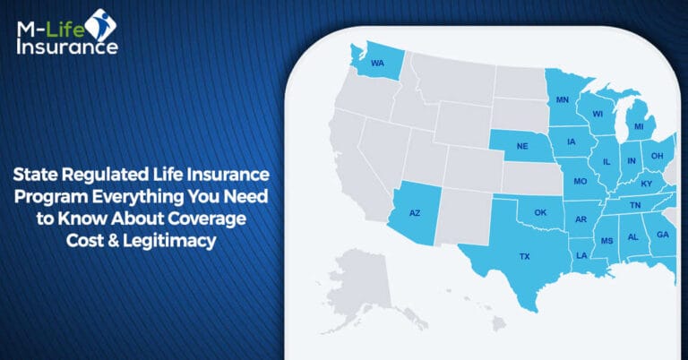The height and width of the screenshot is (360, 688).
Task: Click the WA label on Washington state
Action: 377,64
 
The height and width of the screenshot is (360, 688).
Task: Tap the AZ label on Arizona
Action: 415,212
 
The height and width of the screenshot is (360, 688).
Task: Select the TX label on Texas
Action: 525,256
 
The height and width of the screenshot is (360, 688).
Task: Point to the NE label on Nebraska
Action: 521,146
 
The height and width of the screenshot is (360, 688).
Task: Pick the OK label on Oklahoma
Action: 539,212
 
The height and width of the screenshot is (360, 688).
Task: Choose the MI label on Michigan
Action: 639,127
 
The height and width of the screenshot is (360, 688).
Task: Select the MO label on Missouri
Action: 580,182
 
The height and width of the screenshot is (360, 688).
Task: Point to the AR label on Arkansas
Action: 581,219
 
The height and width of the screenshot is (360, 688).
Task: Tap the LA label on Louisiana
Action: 580,254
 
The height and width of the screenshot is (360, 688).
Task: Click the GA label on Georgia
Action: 662,235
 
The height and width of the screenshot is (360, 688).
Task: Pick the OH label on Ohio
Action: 657,155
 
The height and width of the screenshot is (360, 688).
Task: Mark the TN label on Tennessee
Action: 634,205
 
